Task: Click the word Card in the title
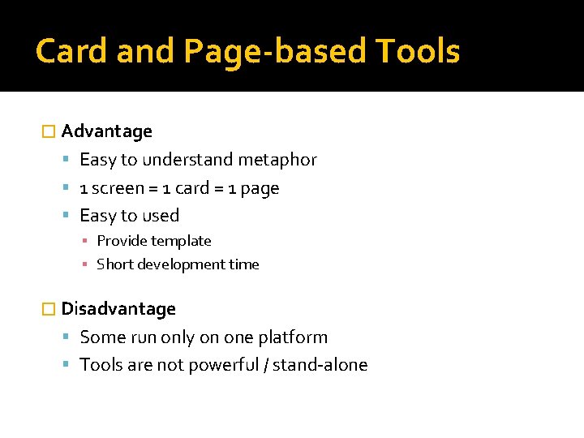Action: tap(71, 51)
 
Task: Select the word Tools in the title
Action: tap(418, 51)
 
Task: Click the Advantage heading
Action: tap(106, 131)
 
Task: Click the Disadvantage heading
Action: tap(118, 309)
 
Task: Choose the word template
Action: tap(182, 241)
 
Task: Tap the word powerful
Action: tap(223, 365)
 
